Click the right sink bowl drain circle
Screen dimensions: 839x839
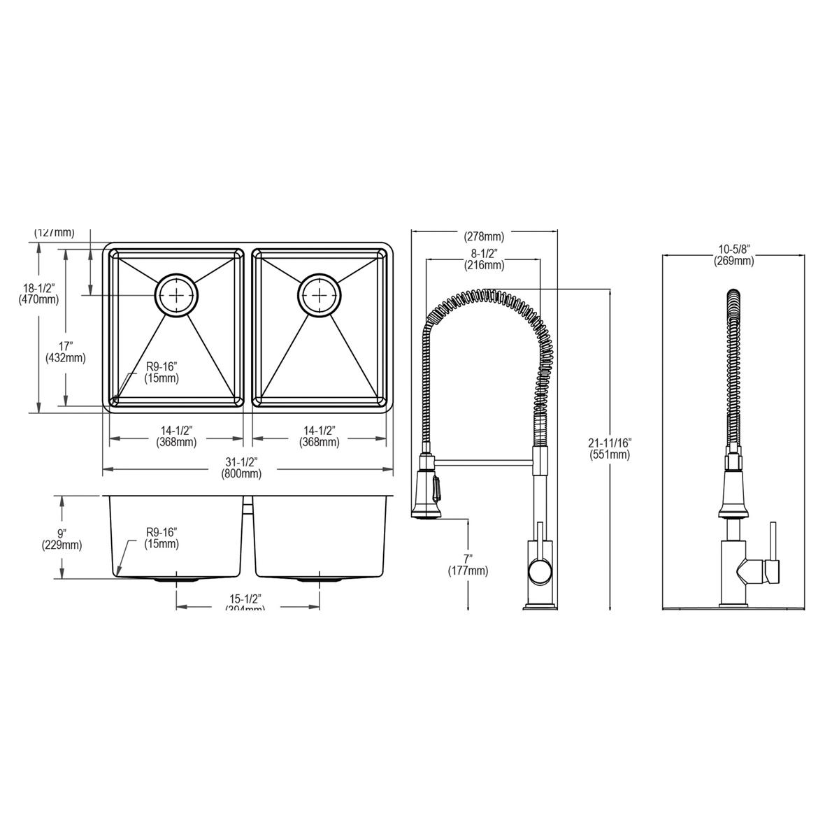320,296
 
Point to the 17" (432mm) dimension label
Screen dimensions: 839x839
65,352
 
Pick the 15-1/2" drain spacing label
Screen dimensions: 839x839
245,603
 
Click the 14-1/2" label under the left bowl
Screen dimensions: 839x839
175,436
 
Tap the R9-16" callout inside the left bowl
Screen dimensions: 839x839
162,373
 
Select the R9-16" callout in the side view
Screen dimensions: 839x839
162,538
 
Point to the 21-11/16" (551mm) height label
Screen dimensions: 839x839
610,448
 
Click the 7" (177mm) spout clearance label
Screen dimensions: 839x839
468,565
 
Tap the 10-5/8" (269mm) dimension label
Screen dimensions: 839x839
733,255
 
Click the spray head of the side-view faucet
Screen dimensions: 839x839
426,489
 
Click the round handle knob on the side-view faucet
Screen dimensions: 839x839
540,573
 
